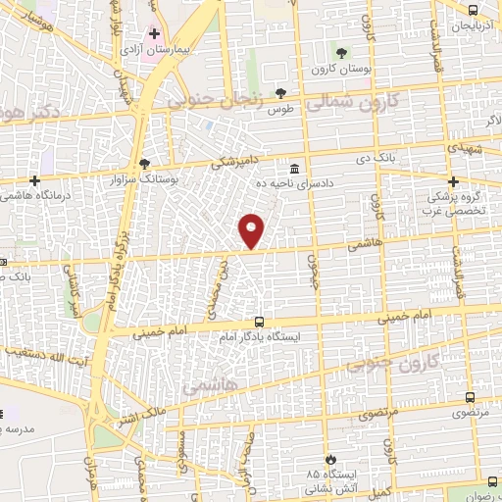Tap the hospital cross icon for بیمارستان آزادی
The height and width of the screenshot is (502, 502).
point(154,33)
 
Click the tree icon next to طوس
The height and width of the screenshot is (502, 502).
point(281,92)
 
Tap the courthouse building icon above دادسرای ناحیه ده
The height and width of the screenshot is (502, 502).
point(295,167)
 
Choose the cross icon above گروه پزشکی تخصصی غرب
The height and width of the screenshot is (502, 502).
point(453,181)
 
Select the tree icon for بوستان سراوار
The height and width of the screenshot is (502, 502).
point(146,163)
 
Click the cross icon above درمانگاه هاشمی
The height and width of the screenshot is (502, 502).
point(35,180)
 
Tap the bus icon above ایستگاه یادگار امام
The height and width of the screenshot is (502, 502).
point(259,321)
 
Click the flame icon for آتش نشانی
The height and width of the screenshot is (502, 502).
point(331,458)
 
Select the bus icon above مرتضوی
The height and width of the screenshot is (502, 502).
point(470,398)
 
